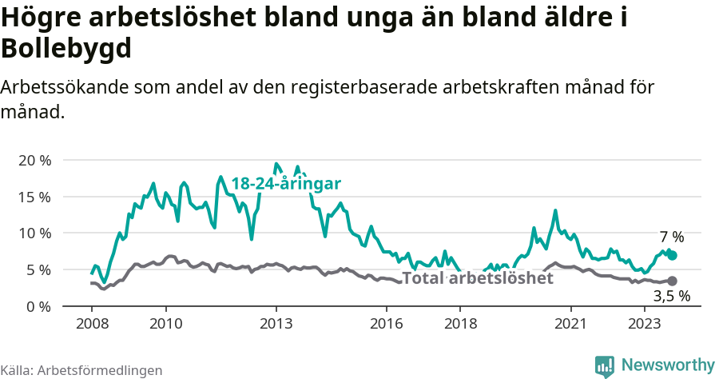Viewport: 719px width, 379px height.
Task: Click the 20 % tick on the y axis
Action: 34,160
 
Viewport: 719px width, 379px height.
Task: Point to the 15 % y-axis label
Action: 34,197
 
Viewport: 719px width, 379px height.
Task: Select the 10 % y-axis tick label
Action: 34,233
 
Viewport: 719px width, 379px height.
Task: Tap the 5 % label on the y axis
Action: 37,269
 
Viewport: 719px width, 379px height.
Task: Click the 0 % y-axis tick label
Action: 37,306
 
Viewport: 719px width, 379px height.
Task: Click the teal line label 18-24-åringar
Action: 286,184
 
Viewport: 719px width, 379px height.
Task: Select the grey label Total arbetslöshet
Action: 477,278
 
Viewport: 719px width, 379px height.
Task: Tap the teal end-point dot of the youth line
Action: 672,255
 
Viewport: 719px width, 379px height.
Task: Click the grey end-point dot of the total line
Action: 672,281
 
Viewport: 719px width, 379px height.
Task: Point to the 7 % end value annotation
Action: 672,237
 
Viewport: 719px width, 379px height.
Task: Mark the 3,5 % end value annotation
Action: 672,297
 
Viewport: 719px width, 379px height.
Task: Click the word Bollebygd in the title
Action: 66,50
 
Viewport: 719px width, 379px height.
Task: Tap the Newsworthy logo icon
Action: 605,365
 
